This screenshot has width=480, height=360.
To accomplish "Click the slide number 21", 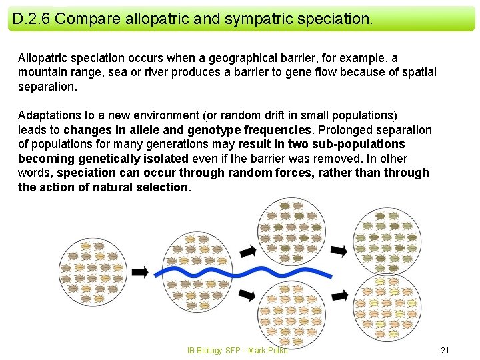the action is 446,350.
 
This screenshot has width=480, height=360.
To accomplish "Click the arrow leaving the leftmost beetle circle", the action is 140,272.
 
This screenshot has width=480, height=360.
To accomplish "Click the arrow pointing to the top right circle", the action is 339,251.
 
